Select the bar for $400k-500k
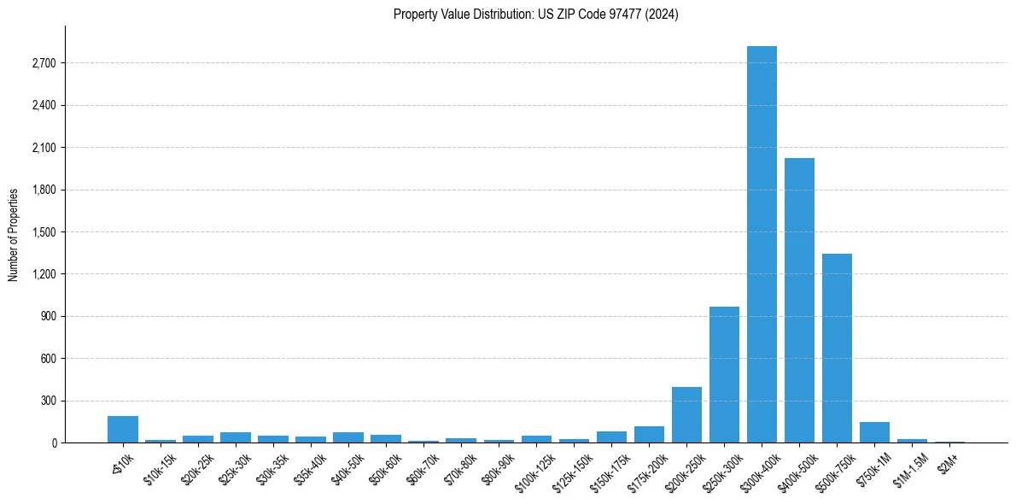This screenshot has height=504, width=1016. (799, 300)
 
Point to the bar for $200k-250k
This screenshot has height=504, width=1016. (686, 414)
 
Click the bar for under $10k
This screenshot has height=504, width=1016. (123, 429)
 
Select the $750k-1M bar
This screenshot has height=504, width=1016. (874, 432)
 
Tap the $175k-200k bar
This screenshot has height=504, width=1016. (649, 434)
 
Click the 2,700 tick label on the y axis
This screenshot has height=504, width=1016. (44, 63)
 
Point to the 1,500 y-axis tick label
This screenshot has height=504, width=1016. (44, 232)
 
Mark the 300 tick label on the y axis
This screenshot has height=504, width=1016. (48, 401)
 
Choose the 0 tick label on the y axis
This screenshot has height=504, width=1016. (53, 442)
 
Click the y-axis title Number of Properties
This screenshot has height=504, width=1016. (14, 235)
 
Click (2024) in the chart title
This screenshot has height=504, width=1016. (662, 15)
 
